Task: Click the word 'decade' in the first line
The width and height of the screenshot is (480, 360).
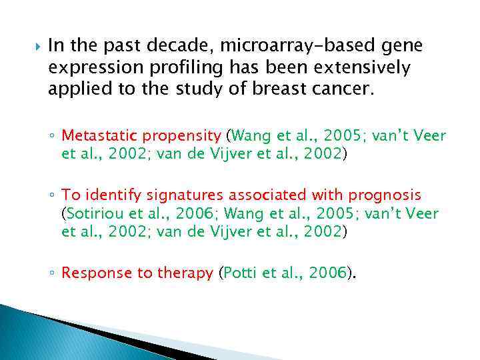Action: click(x=183, y=46)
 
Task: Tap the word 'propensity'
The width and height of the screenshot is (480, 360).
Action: click(x=181, y=136)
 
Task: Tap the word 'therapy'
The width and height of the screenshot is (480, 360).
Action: click(x=185, y=272)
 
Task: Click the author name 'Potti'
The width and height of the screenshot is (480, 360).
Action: click(x=241, y=272)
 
